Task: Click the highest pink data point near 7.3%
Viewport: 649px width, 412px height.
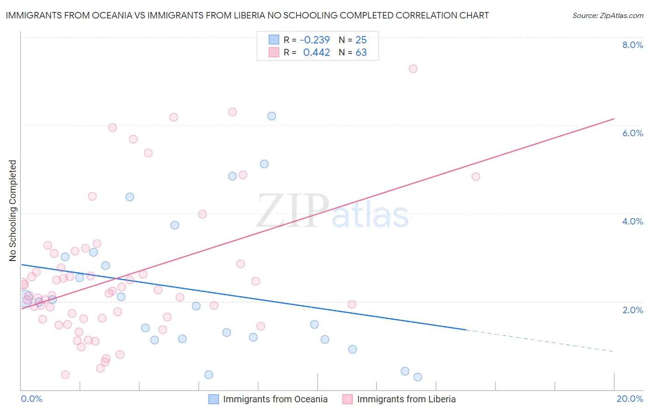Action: pos(413,69)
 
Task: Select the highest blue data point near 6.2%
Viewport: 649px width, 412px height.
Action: pos(272,116)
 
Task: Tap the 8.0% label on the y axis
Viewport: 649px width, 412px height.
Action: pos(632,45)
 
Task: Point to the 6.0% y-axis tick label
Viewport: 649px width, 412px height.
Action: pos(632,133)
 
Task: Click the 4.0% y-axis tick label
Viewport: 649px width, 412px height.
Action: pos(632,221)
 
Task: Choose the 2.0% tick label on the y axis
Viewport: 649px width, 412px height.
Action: pos(632,310)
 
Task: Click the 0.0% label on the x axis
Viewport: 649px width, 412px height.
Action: pos(31,399)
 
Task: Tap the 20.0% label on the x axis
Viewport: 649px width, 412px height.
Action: pos(630,399)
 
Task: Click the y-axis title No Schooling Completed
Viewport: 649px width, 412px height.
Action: pos(13,211)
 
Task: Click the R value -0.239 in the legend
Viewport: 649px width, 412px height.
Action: pos(315,40)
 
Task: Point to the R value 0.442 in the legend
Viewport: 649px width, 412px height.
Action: pos(316,53)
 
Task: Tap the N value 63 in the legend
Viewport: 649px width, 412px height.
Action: pos(361,53)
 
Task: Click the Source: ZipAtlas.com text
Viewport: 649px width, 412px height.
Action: pos(607,15)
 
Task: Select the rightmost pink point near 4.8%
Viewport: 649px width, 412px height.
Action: pos(476,176)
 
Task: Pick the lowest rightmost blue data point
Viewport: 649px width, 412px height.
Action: pos(418,377)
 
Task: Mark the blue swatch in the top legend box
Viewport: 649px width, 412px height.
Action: pos(274,40)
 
